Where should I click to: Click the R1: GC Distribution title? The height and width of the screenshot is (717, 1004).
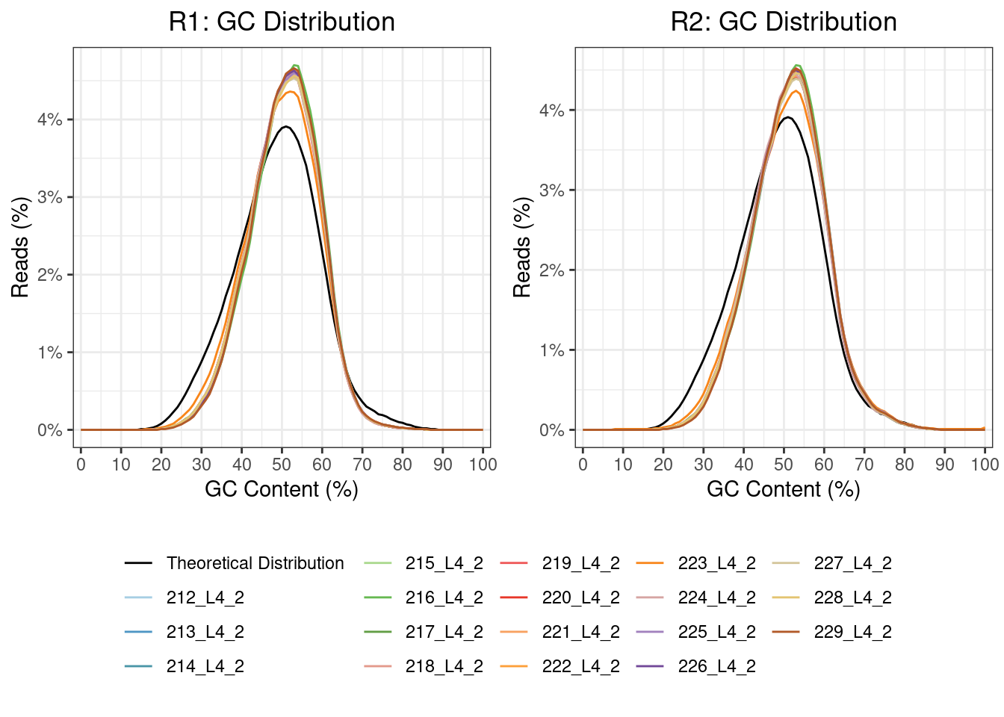(282, 22)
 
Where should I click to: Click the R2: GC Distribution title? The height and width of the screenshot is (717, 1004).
(784, 22)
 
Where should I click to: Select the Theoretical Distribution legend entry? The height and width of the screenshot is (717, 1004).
(255, 563)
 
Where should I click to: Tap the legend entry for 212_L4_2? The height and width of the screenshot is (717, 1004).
(205, 597)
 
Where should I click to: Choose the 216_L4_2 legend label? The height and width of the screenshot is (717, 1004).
(444, 597)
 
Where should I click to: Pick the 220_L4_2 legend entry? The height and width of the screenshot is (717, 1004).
(580, 597)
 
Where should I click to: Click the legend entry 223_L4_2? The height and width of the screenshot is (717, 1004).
(716, 563)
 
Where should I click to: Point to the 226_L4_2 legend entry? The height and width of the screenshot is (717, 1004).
(716, 666)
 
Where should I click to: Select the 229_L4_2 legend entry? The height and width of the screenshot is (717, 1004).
(852, 632)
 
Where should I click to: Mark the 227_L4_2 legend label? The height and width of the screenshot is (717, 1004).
(852, 563)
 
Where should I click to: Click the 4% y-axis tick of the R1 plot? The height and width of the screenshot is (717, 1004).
(50, 119)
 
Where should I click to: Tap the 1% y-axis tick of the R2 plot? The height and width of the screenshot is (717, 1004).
(552, 350)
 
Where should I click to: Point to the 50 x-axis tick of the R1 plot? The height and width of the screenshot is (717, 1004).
(282, 464)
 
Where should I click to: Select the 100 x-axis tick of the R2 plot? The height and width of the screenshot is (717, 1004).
(985, 464)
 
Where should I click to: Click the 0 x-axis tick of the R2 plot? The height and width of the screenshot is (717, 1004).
(583, 464)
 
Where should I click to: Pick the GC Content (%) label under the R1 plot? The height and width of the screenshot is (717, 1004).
(282, 489)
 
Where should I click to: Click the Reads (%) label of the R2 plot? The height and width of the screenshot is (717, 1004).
(522, 247)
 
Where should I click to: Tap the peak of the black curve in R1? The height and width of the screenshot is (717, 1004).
(285, 126)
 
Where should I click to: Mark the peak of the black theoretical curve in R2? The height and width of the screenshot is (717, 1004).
(787, 117)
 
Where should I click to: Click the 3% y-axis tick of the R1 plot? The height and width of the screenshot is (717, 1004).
(50, 197)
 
